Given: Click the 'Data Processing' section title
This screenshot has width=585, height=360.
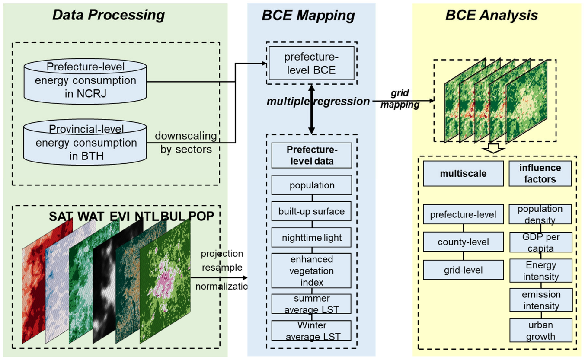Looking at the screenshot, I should coord(109,16).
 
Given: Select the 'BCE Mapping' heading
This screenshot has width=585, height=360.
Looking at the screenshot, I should coord(308,16).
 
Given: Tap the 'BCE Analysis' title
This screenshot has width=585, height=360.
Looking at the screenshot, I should coord(492,16).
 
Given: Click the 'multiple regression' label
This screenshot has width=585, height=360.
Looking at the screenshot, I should coord(318,102).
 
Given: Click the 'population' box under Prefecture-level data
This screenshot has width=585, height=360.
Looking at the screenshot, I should coord(312,185).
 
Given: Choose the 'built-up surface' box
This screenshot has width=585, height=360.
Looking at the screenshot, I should coord(312,211).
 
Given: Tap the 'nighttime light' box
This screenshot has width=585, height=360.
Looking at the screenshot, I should coord(312,238).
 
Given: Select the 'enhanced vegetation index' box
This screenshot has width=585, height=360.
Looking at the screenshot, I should coord(312,271).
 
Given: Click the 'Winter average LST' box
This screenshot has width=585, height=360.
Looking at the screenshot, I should coord(312,330).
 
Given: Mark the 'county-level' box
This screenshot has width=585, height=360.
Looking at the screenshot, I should coord(463,242).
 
